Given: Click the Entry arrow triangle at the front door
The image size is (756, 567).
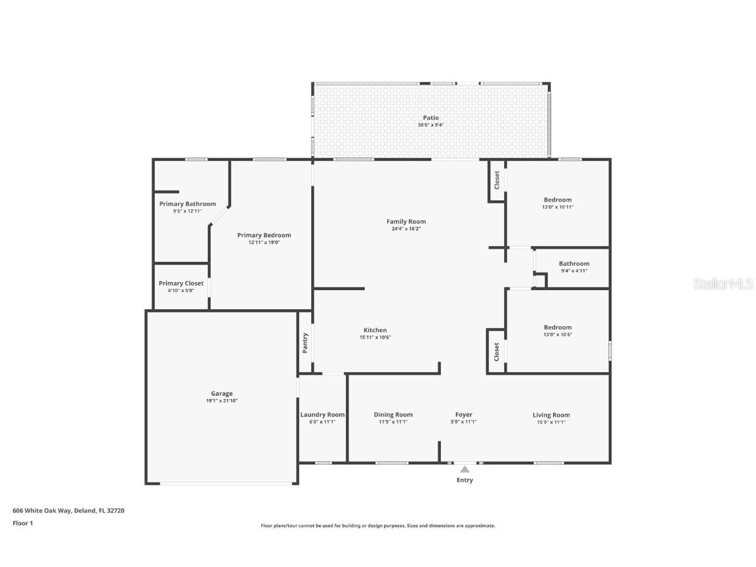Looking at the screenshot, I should tap(465, 469).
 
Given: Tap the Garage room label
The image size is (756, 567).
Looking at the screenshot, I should tap(222, 394).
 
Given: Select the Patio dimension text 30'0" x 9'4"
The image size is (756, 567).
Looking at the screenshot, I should tap(430, 125).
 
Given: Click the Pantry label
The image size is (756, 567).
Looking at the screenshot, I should tap(305, 343).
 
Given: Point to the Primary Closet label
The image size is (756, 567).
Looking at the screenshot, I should tap(181, 283).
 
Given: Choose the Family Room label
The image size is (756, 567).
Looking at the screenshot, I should tap(406, 222).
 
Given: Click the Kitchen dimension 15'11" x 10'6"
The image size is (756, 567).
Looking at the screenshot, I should tap(375, 337).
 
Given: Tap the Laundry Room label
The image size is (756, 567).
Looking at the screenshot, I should tap(322, 415).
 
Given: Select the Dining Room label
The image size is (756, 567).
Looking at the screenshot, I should tap(393, 415).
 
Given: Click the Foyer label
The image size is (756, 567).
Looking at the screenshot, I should tap(464, 415).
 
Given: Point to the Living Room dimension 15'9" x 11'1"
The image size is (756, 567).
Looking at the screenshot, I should tap(551, 422).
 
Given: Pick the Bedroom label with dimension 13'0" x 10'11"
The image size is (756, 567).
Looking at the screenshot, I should tap(557, 199).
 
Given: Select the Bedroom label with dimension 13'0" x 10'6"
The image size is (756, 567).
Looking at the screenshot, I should tap(557, 327).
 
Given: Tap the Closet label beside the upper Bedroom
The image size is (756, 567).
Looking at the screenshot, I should tap(497, 180).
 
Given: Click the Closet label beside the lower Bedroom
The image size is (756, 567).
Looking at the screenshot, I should tap(497, 351).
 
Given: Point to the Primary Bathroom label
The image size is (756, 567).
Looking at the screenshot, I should tap(188, 203).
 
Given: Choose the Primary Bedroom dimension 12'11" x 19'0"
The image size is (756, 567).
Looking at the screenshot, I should tap(264, 242).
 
